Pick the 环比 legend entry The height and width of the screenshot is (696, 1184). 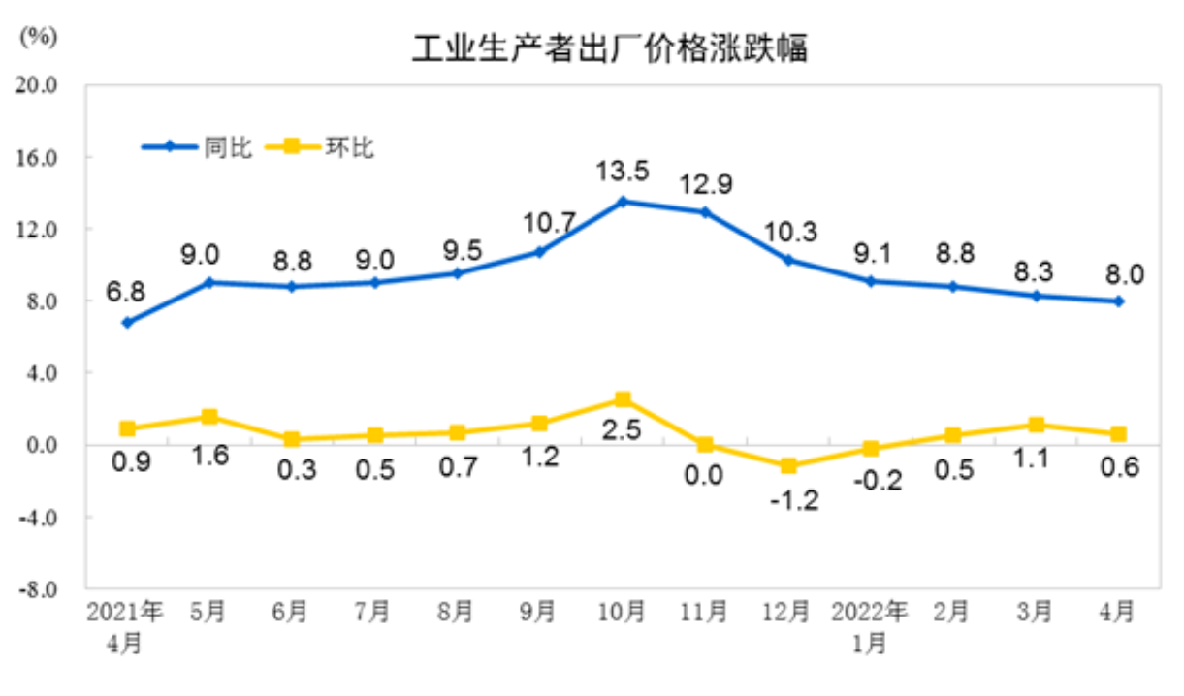(348, 147)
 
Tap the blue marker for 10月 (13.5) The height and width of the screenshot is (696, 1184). (623, 202)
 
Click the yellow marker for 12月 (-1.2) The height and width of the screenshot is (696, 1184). (787, 466)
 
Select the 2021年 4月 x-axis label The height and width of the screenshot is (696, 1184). (125, 626)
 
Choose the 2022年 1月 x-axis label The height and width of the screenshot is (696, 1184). (870, 626)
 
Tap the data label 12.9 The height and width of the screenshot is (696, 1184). (705, 182)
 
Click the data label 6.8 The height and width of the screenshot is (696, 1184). (127, 292)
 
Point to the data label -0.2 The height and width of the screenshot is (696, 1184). (870, 480)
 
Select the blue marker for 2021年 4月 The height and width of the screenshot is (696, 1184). (127, 323)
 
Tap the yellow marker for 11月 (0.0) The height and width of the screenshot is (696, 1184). (705, 445)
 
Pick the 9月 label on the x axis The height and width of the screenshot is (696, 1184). (539, 613)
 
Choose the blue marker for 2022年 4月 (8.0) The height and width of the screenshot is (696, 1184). (1118, 301)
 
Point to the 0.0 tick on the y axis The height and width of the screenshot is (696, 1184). (41, 445)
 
